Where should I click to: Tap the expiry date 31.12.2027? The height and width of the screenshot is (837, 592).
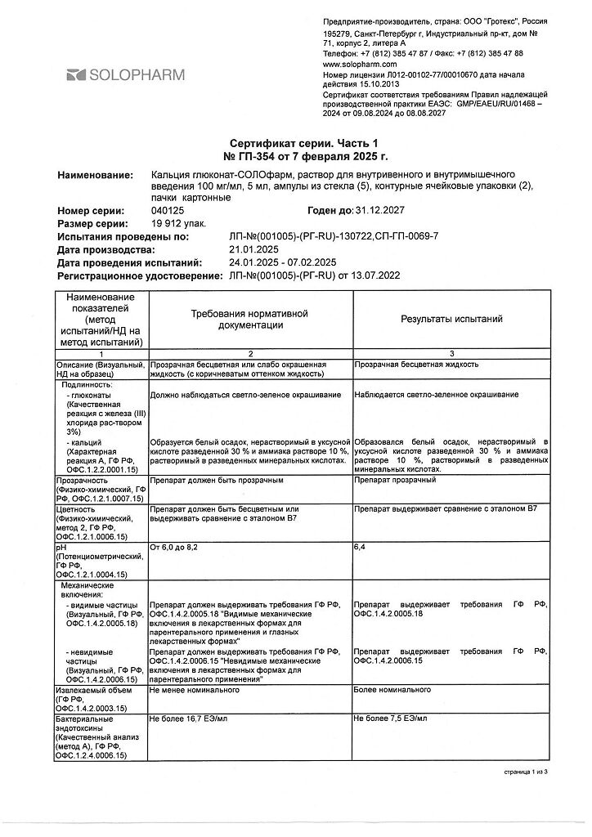pyautogui.click(x=380, y=211)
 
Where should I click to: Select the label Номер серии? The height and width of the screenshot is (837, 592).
pyautogui.click(x=91, y=211)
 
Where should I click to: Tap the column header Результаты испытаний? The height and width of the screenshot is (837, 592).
pyautogui.click(x=451, y=320)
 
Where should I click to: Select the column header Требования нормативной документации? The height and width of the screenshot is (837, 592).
pyautogui.click(x=249, y=320)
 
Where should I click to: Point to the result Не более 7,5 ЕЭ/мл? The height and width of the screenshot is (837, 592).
pyautogui.click(x=392, y=721)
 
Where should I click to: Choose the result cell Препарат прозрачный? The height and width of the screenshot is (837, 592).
pyautogui.click(x=395, y=480)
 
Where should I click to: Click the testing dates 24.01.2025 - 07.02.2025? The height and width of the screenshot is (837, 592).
pyautogui.click(x=284, y=262)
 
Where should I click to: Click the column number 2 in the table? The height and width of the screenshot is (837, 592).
pyautogui.click(x=249, y=352)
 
